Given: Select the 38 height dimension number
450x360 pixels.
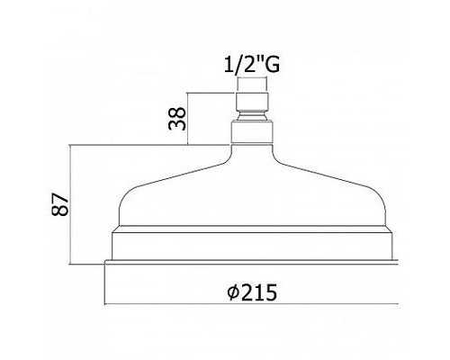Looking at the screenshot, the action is point(177,118).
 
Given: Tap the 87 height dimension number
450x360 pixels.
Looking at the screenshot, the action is point(60,204).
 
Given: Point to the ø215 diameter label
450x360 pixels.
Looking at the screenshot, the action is point(252,292).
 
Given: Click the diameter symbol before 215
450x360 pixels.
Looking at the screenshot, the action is point(233,292).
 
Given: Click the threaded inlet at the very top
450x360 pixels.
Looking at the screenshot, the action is point(252,102).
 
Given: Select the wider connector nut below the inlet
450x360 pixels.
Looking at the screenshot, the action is point(252,131).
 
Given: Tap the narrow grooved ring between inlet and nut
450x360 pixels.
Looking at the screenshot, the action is point(252,115).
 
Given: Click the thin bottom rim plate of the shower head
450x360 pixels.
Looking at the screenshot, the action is point(251,262).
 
